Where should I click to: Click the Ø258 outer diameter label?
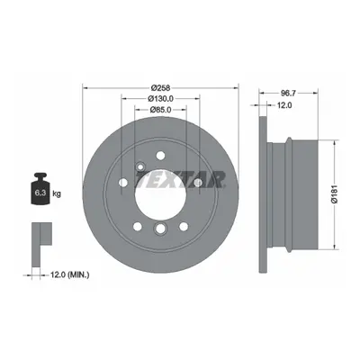pos(160,88)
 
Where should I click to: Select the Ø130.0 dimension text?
pos(160,98)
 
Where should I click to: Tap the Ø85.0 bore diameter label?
pos(160,110)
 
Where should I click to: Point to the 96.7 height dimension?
pos(288,94)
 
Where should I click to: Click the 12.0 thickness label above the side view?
pos(284,105)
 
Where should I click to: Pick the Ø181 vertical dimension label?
pos(335,194)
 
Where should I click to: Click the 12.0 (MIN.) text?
pos(69,274)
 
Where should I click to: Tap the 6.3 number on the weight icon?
pos(40,193)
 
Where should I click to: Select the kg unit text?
pos(57,193)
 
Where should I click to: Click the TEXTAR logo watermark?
pos(180,180)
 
